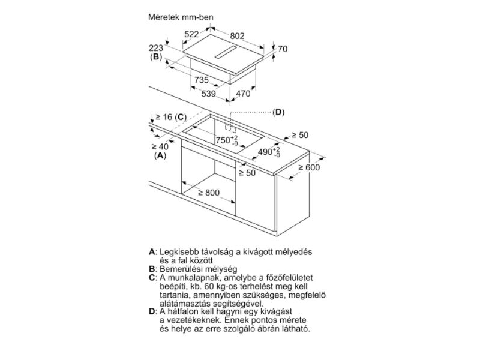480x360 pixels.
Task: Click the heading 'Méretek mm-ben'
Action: pos(181,17)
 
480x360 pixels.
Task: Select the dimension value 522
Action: pos(191,35)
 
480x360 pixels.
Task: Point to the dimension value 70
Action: pos(283,49)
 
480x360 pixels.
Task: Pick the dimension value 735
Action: pos(200,80)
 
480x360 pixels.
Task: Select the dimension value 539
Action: pos(208,93)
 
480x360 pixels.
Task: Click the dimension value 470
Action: pos(242,93)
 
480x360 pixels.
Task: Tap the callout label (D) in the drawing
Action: pos(278,112)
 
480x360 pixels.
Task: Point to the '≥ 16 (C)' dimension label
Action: pos(171,116)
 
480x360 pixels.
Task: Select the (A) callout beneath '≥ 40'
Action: pos(160,155)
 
